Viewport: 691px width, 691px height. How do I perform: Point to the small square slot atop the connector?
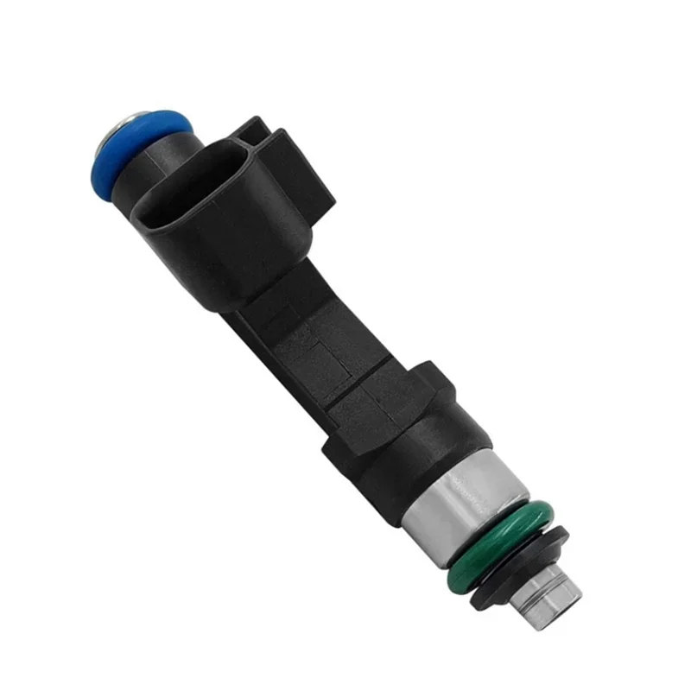(251, 130)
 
